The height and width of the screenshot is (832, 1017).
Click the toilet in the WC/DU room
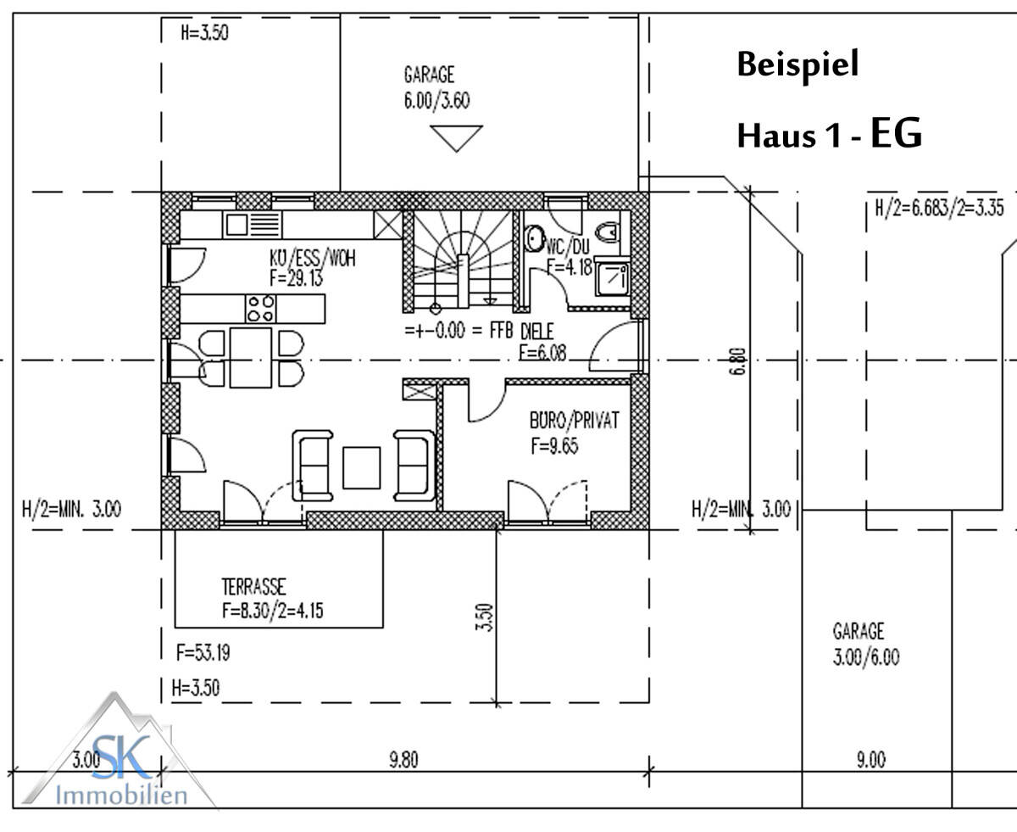pyautogui.click(x=608, y=232)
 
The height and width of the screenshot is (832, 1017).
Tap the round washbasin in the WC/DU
pyautogui.click(x=534, y=238)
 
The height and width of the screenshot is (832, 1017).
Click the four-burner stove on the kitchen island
pyautogui.click(x=261, y=309)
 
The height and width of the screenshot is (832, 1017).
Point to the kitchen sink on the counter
pyautogui.click(x=253, y=225)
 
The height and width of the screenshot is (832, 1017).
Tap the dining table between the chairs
pyautogui.click(x=251, y=358)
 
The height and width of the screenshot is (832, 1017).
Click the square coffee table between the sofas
pyautogui.click(x=362, y=467)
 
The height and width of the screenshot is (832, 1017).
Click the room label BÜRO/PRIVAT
pyautogui.click(x=574, y=421)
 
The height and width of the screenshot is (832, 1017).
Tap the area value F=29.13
pyautogui.click(x=296, y=278)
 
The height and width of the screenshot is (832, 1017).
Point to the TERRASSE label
pyautogui.click(x=253, y=587)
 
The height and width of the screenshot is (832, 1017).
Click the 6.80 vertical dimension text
pyautogui.click(x=738, y=361)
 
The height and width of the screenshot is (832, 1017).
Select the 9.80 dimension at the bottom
pyautogui.click(x=403, y=760)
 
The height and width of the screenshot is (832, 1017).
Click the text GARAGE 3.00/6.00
pyautogui.click(x=866, y=645)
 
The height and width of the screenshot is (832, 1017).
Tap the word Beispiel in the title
pyautogui.click(x=798, y=65)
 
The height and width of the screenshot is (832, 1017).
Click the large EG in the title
pyautogui.click(x=897, y=132)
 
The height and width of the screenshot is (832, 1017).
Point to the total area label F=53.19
pyautogui.click(x=203, y=652)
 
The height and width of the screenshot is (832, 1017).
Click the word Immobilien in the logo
pyautogui.click(x=121, y=796)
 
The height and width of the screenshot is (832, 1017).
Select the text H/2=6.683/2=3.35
pyautogui.click(x=939, y=209)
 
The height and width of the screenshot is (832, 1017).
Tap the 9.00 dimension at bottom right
pyautogui.click(x=871, y=760)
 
